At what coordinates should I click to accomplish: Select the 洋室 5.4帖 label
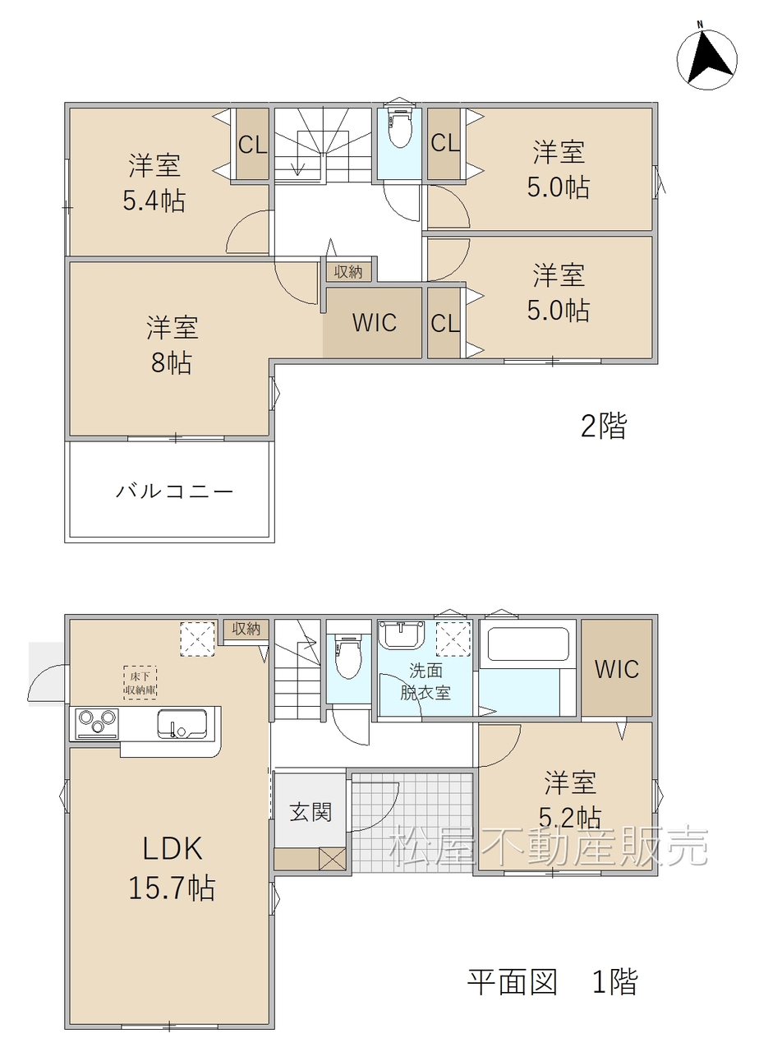tap(154, 182)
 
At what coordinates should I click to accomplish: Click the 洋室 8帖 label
tap(172, 345)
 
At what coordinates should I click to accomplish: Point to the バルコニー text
tap(175, 491)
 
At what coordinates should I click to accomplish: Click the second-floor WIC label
tap(374, 323)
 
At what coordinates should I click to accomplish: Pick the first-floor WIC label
tap(616, 669)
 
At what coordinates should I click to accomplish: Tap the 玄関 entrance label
tap(310, 811)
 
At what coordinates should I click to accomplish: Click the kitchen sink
tap(182, 722)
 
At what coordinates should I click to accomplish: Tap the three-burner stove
tap(97, 722)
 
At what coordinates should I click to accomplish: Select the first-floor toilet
tap(348, 657)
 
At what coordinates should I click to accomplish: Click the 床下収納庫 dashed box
tap(140, 683)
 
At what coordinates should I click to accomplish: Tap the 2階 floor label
tap(603, 426)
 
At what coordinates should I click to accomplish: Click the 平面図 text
tap(512, 981)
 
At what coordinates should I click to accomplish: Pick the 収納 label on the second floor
tap(347, 271)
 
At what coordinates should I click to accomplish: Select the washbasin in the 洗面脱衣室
tap(402, 634)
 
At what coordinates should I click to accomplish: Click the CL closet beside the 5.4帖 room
tap(252, 144)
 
